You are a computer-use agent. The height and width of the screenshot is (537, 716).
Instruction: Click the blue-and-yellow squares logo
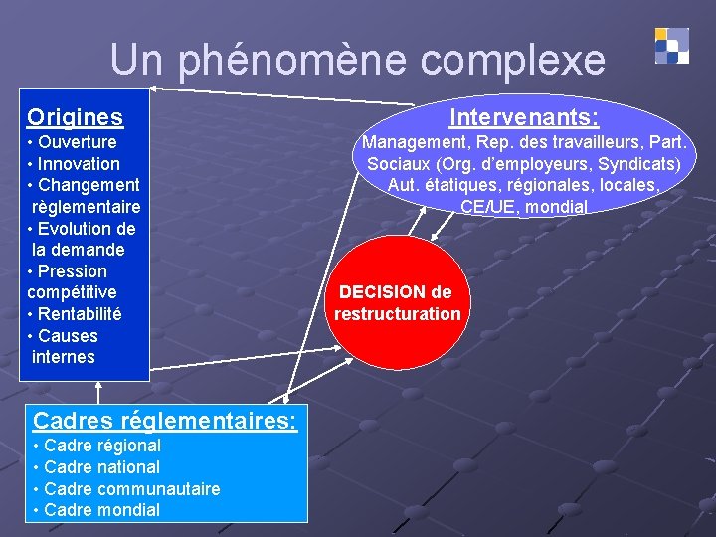(672, 46)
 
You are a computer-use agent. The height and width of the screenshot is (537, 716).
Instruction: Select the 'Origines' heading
(76, 117)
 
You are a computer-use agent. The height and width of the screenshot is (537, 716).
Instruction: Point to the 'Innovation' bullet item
(79, 164)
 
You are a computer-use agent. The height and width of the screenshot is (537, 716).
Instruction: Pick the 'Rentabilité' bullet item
(80, 314)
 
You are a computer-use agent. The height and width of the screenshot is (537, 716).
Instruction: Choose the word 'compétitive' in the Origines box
(72, 292)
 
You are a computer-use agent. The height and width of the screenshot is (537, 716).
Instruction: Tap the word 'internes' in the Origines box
(64, 357)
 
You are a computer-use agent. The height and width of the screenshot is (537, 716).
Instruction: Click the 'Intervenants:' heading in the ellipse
(523, 118)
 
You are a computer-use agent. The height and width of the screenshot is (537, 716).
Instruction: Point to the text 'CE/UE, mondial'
(524, 207)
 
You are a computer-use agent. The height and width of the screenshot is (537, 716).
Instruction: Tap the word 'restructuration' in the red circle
(398, 314)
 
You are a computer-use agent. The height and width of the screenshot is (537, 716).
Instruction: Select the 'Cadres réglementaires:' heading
(165, 421)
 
